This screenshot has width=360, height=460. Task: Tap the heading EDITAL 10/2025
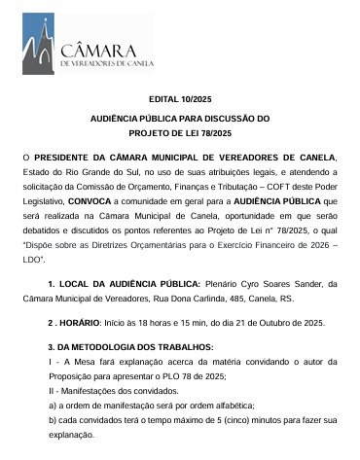click(179, 100)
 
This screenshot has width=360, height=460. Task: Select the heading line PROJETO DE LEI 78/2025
click(179, 132)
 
